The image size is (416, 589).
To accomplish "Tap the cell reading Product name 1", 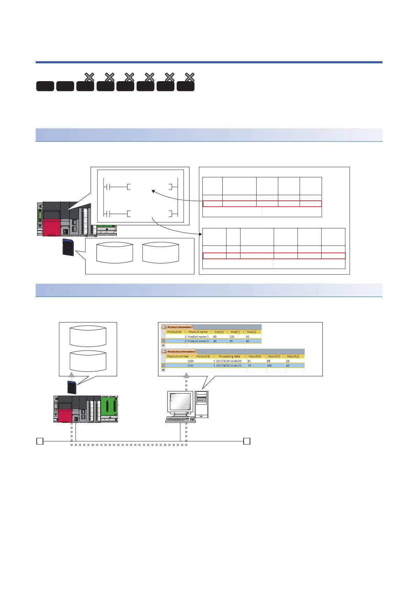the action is coord(198,336).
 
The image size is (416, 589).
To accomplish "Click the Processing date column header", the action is coord(229,356).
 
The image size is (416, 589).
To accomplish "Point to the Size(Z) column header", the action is coord(252,332).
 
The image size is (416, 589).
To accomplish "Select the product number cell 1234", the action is coord(190,361).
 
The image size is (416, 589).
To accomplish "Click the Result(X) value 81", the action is coord(249,361).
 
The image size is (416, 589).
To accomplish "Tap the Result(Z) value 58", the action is coord(288,361).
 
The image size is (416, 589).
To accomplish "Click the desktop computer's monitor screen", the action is coord(180,402).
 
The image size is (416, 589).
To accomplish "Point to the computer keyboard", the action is coord(180,420).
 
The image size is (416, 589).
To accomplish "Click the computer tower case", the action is coord(202,404).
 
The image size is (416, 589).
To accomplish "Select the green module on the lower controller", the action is coord(109,409).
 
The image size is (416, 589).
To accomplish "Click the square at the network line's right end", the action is coord(247,441).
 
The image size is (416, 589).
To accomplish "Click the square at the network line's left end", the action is coord(40,441).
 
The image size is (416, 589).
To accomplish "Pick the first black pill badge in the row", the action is coord(45,86).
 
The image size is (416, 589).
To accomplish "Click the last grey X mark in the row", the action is coord(189,77).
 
